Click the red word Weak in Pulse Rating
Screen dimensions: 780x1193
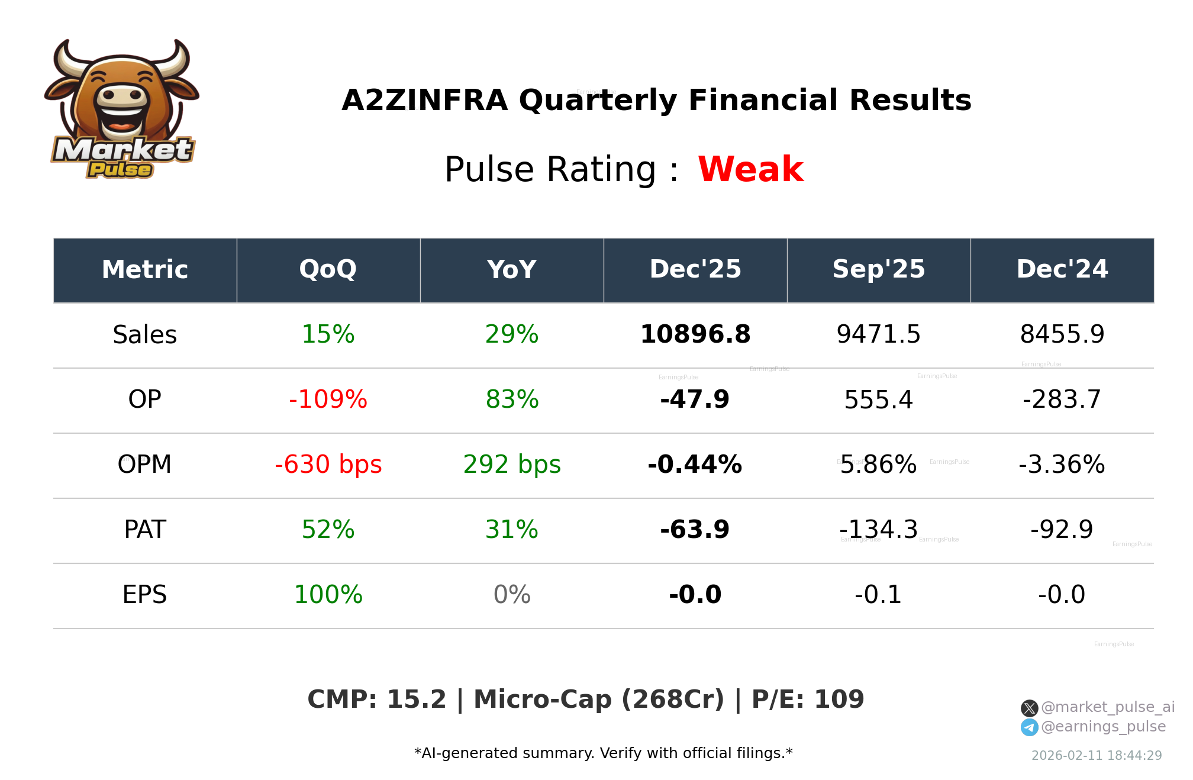tap(750, 169)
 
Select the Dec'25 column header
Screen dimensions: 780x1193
tap(695, 270)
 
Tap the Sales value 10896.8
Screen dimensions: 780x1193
tap(695, 334)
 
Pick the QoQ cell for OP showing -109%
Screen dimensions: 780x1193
tap(328, 399)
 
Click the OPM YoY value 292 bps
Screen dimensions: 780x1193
tap(511, 465)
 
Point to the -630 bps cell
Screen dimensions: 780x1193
tap(328, 465)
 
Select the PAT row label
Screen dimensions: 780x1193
tap(145, 530)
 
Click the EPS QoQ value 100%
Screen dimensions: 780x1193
tap(328, 595)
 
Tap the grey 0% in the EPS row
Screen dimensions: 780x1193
tap(511, 595)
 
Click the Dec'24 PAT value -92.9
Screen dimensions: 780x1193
tap(1062, 530)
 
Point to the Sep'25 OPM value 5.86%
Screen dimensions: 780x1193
tap(878, 465)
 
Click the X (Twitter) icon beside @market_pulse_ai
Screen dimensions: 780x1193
tap(1029, 708)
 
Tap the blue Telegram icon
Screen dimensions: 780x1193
tap(1029, 727)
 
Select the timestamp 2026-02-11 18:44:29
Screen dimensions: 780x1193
tap(1096, 756)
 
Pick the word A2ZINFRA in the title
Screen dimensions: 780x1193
tap(424, 100)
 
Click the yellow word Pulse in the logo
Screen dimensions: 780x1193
tap(120, 170)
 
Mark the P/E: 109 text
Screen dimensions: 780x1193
tap(807, 700)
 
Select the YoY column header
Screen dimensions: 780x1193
tap(511, 270)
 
